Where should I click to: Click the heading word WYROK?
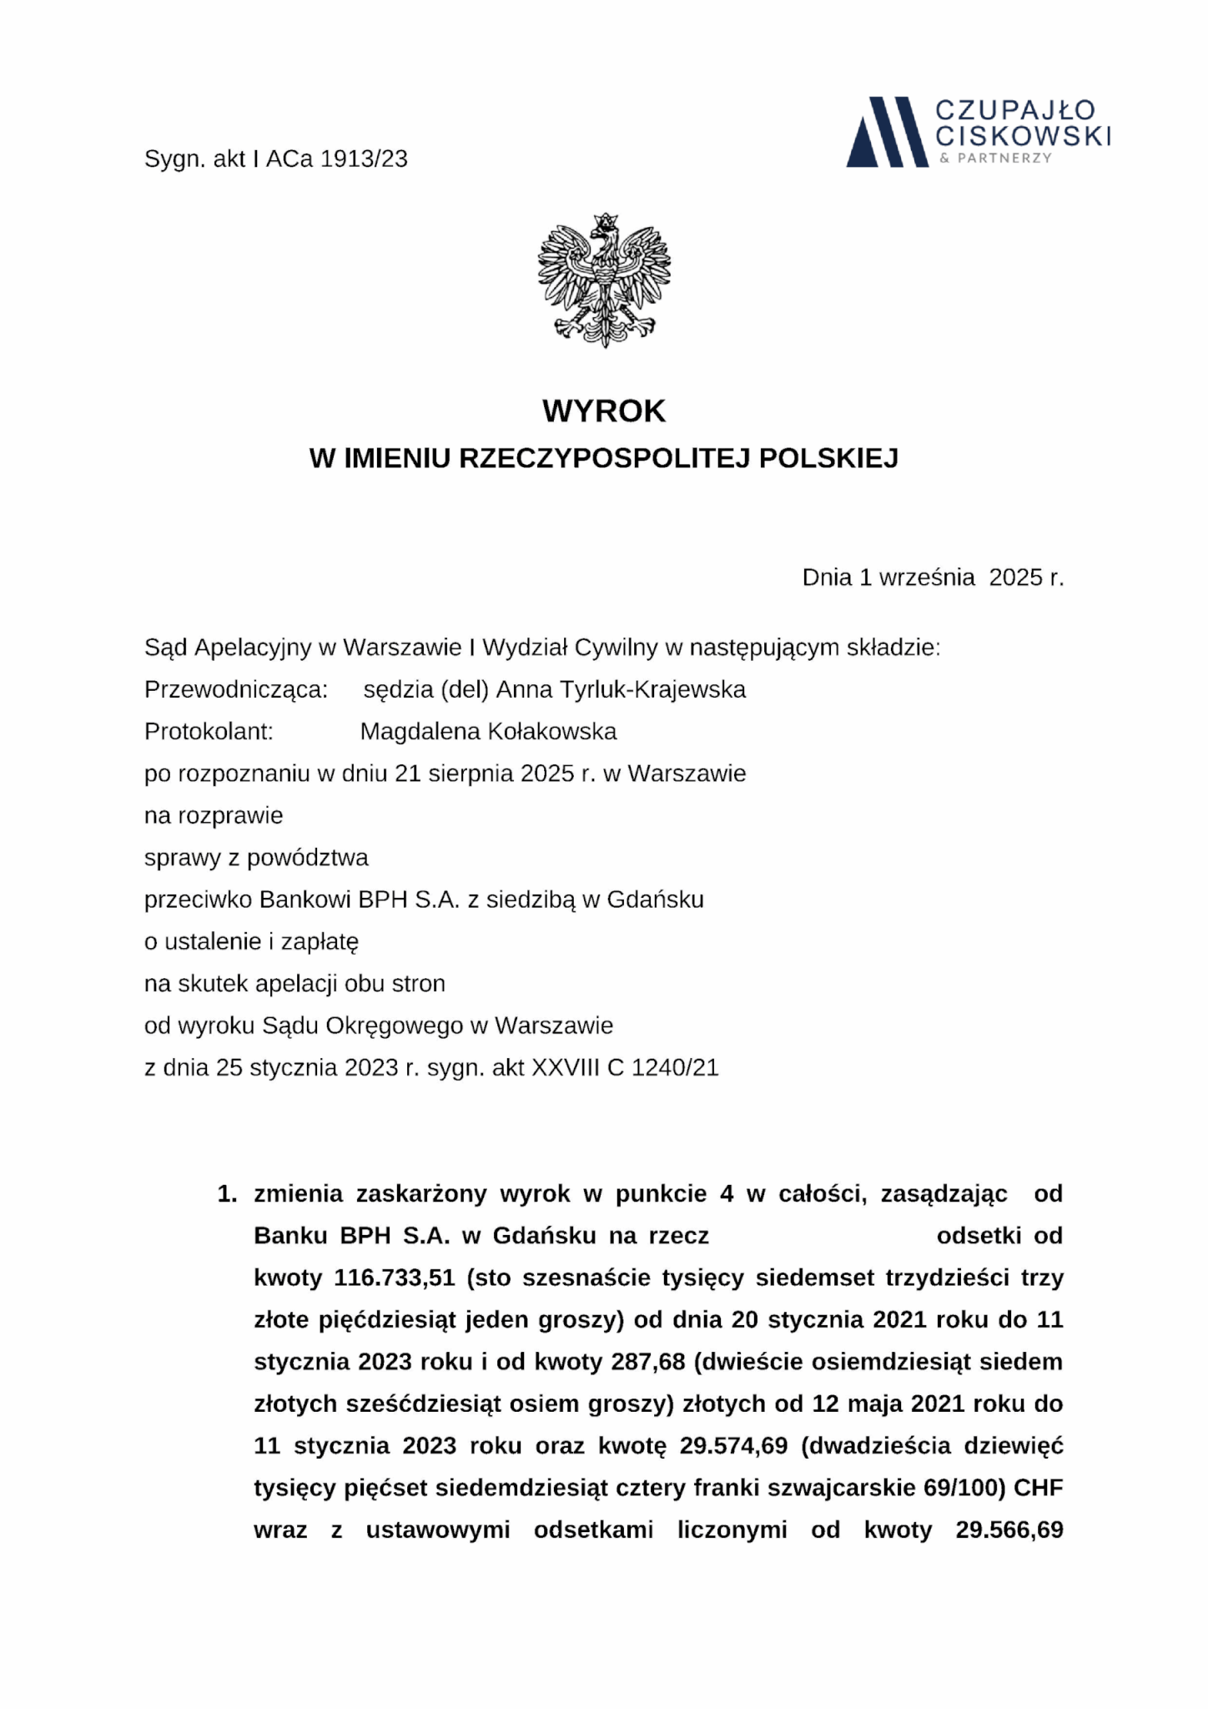coord(604,411)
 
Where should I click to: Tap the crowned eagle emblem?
coord(604,280)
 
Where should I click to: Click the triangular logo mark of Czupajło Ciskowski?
coord(886,132)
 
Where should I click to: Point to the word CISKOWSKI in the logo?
coord(1023,135)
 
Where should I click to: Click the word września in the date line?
coord(927,577)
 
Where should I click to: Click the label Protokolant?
coord(209,732)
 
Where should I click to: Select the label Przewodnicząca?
coord(236,690)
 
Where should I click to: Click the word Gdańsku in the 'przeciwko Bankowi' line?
coord(655,900)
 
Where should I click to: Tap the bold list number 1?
coord(226,1194)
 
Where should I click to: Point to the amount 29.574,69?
coord(733,1446)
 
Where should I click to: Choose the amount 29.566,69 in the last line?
coord(1009,1530)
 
